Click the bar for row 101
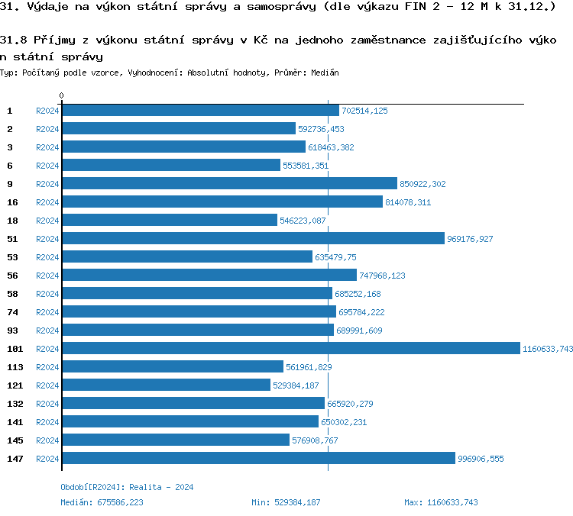[290, 348]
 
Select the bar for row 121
[166, 385]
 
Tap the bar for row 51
[252, 238]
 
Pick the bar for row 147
[258, 458]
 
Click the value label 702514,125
[364, 111]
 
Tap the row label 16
[12, 202]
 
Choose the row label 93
[12, 331]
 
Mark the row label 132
[15, 404]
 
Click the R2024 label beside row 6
[47, 166]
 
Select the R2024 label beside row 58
[47, 294]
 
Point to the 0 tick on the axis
[61, 96]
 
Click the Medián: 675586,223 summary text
[102, 502]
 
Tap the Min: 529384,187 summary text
[286, 502]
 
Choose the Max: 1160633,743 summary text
[441, 502]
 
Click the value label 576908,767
[315, 440]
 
